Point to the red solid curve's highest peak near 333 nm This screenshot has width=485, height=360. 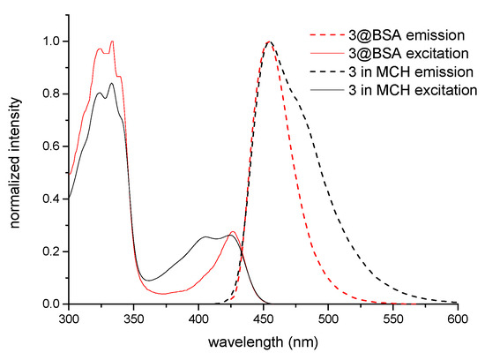tap(112, 41)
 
